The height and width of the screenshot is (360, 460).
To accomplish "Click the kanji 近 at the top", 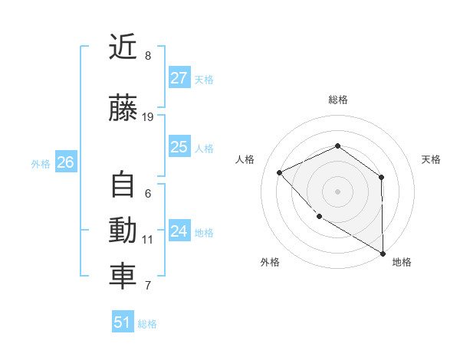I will [x=123, y=47].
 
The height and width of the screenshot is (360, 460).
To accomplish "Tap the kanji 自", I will [x=123, y=185].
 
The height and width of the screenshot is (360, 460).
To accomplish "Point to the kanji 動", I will [x=123, y=231].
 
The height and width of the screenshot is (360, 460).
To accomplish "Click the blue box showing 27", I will [x=179, y=78].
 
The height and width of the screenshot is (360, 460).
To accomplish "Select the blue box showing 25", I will [x=179, y=147].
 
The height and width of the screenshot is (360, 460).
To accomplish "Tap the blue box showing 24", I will [x=179, y=231].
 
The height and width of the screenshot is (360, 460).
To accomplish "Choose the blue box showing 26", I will [x=65, y=162].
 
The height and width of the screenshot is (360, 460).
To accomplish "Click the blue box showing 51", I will [x=123, y=322].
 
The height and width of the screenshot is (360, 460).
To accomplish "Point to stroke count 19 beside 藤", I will [x=148, y=117].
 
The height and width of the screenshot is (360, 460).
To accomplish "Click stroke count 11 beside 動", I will [x=148, y=240].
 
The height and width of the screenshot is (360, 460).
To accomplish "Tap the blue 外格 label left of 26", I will [x=41, y=163].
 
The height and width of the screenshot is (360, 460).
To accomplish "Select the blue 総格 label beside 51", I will [x=147, y=324].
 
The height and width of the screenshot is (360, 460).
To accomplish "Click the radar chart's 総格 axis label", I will [x=337, y=100].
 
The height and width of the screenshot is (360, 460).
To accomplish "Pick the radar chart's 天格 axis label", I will [x=432, y=159].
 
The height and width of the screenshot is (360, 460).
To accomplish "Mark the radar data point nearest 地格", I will [x=383, y=253].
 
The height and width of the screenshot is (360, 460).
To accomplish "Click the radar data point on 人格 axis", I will [x=280, y=172].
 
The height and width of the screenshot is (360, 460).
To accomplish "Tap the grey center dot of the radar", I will [x=337, y=191].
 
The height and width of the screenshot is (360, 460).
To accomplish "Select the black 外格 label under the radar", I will [x=270, y=262].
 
